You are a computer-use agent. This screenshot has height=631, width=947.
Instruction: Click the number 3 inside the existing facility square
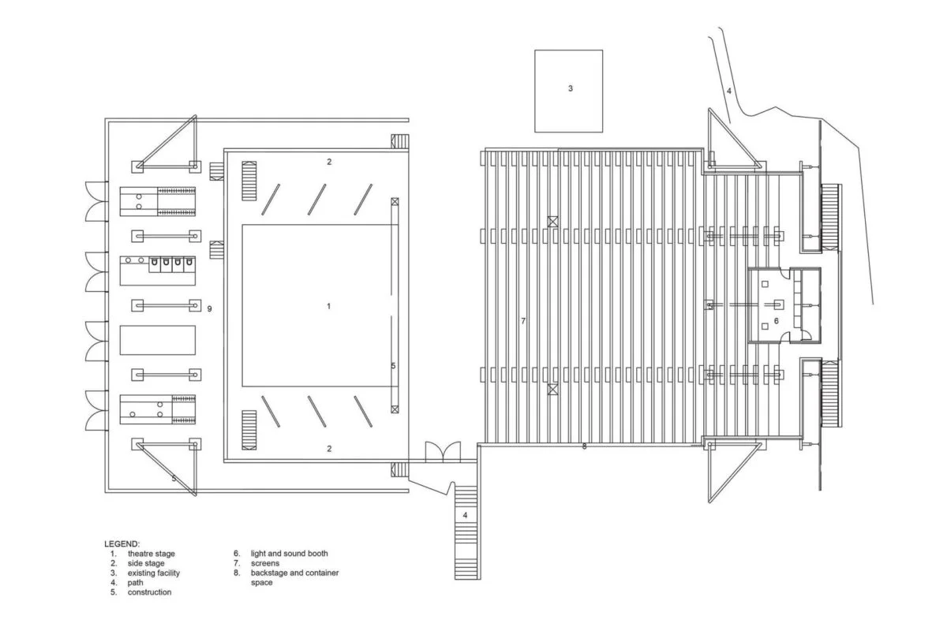[571, 88]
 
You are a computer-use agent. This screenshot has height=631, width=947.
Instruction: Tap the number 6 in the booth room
[777, 321]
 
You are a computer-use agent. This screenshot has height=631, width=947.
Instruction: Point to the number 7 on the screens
[523, 321]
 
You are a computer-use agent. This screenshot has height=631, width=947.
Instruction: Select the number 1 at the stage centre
[329, 306]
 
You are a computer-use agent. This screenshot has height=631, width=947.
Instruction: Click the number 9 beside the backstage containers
[209, 309]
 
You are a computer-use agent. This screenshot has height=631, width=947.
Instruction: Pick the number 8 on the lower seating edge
[584, 446]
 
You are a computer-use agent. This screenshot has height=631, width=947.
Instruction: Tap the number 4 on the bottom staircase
[465, 515]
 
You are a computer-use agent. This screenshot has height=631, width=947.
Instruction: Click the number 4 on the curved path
[729, 91]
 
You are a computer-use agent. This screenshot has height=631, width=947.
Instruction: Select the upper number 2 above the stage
[329, 162]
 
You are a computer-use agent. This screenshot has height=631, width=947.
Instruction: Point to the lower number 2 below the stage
[329, 449]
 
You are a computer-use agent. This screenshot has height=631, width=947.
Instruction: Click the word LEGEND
[122, 544]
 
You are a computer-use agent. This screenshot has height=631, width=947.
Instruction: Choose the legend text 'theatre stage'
[152, 554]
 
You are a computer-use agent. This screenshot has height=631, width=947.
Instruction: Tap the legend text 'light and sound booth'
[289, 553]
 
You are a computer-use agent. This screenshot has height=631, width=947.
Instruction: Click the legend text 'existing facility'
[154, 573]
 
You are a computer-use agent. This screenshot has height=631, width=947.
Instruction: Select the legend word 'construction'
[150, 592]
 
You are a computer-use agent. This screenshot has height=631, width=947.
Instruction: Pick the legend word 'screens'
[265, 563]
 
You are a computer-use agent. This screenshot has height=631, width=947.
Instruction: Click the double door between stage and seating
[443, 451]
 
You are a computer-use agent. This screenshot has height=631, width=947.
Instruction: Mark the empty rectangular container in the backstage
[158, 340]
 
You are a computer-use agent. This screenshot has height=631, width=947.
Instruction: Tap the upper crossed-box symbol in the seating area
[552, 222]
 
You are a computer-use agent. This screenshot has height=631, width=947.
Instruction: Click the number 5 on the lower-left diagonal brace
[174, 479]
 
